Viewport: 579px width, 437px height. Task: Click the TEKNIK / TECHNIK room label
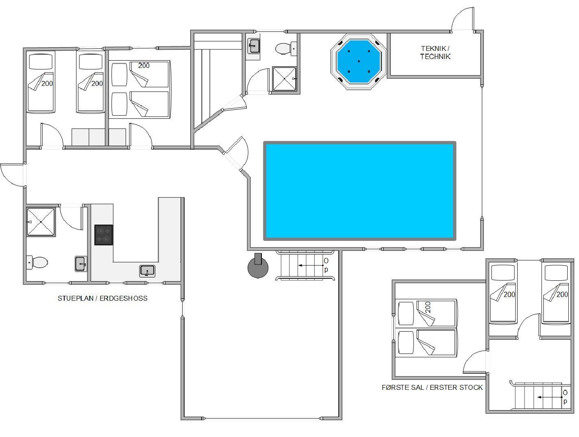435,52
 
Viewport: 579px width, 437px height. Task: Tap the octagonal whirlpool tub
359,61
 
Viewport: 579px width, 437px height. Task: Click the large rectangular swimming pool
359,191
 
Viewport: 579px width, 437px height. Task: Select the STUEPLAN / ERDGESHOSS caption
102,298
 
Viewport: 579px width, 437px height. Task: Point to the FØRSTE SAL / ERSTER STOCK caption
432,387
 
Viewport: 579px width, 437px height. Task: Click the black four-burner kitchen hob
104,235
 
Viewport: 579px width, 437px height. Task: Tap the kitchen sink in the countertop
147,271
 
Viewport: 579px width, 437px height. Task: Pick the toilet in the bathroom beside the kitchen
37,262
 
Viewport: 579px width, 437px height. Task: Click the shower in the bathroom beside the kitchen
41,222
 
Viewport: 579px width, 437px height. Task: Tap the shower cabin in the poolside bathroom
284,79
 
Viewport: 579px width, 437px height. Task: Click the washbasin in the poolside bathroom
253,46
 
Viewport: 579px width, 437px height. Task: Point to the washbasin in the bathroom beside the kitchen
81,264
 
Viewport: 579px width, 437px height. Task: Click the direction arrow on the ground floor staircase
311,265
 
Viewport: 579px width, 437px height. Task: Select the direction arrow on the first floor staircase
550,397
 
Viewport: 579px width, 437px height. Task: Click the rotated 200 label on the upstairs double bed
428,308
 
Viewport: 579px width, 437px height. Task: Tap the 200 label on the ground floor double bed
144,66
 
